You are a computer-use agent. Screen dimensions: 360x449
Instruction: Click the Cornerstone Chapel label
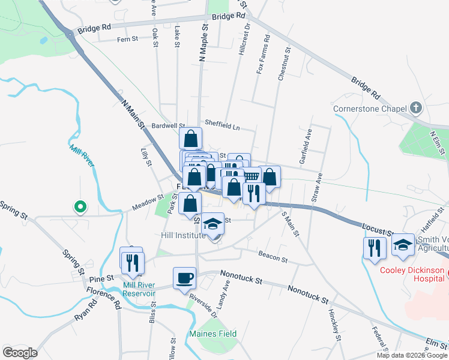point(371,109)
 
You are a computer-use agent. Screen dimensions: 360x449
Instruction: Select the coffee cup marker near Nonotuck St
point(185,278)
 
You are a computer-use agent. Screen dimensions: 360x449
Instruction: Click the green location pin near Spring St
point(79,207)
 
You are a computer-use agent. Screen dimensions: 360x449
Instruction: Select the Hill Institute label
point(183,235)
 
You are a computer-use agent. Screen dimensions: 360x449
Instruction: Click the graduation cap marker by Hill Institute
point(212,224)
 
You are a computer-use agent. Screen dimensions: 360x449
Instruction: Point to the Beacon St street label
point(273,258)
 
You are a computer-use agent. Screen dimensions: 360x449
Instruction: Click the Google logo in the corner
point(20,352)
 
